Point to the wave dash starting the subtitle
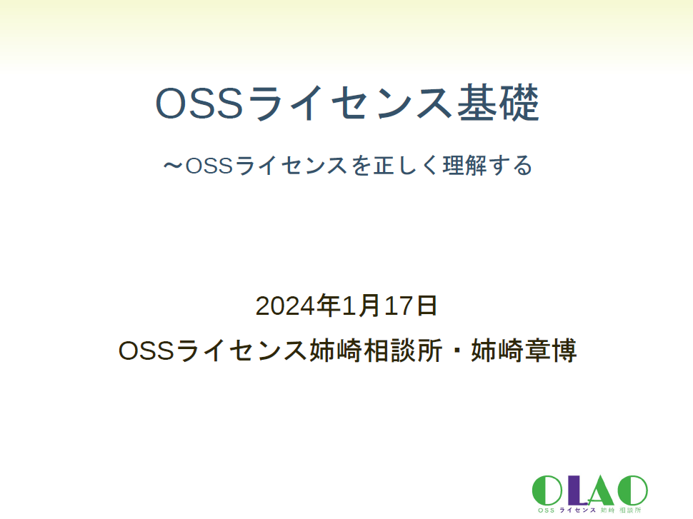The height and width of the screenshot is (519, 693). click(172, 166)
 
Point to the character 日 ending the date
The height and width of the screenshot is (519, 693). click(427, 306)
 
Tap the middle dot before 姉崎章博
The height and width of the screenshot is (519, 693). click(454, 351)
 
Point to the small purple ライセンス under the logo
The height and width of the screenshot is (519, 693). click(578, 510)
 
